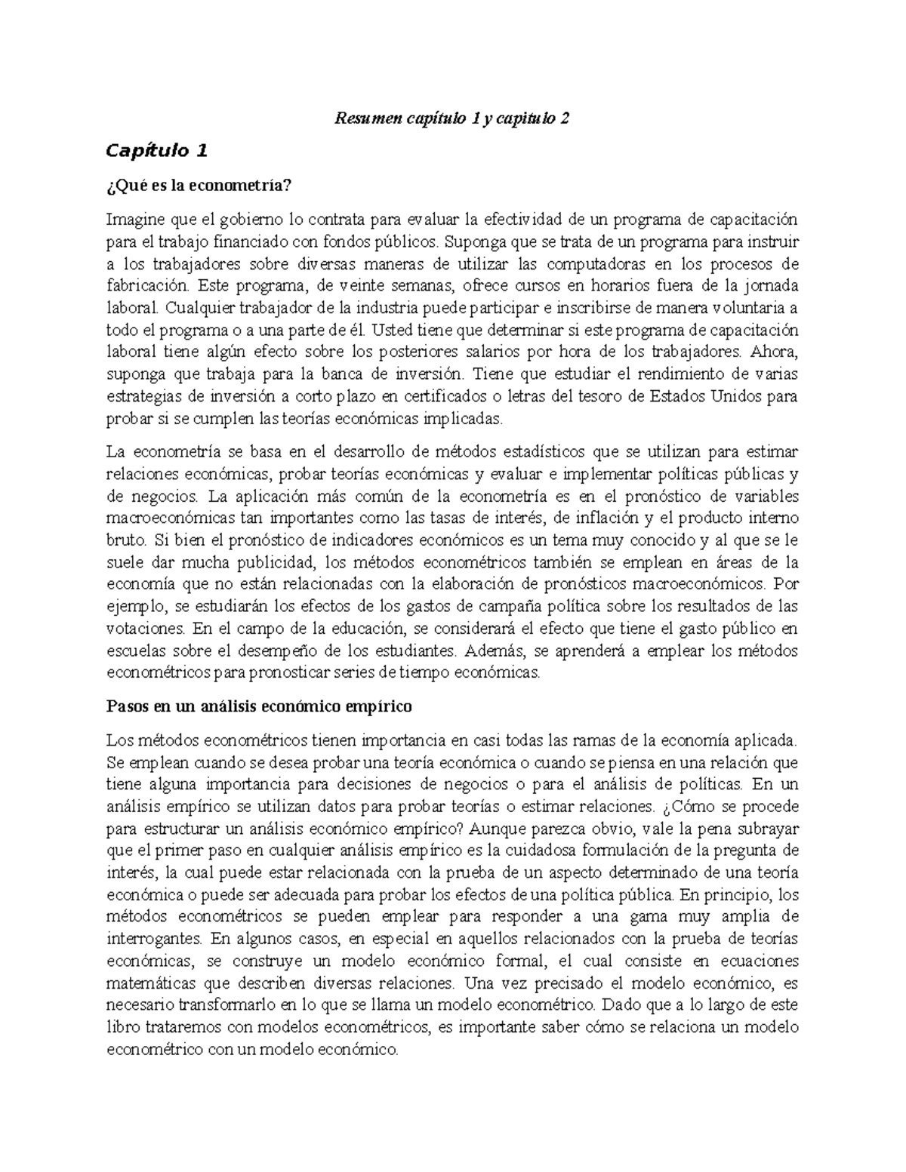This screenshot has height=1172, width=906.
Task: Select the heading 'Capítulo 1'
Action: point(156,151)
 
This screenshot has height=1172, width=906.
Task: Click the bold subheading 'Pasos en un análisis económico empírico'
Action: point(260,707)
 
